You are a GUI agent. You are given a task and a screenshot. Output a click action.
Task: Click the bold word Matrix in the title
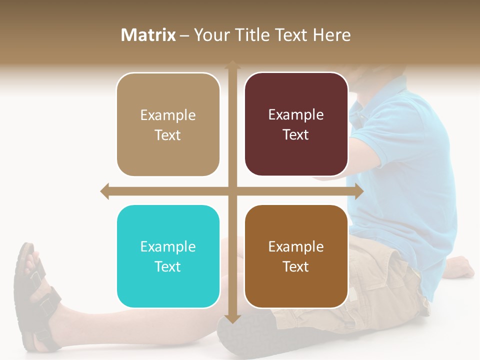tap(148, 35)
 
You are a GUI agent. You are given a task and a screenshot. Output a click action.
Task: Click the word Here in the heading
tap(331, 35)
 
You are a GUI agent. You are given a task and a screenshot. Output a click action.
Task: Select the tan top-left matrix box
tap(168, 124)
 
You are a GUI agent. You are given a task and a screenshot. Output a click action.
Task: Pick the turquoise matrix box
tap(168, 256)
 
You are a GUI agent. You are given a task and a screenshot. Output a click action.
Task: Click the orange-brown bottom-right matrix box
tap(296, 256)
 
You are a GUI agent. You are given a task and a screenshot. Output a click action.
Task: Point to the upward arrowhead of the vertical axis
tap(232, 65)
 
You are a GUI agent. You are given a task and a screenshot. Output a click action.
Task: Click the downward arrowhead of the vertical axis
tap(232, 318)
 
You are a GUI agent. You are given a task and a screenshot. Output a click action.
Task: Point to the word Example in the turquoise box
tap(168, 246)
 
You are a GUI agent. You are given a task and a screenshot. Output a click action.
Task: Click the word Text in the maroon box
tap(296, 134)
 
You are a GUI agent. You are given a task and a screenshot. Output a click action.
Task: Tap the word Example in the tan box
tap(168, 115)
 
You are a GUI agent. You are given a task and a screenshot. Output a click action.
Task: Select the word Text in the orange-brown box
tap(296, 266)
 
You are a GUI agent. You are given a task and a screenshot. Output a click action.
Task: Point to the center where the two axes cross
tap(232, 191)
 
